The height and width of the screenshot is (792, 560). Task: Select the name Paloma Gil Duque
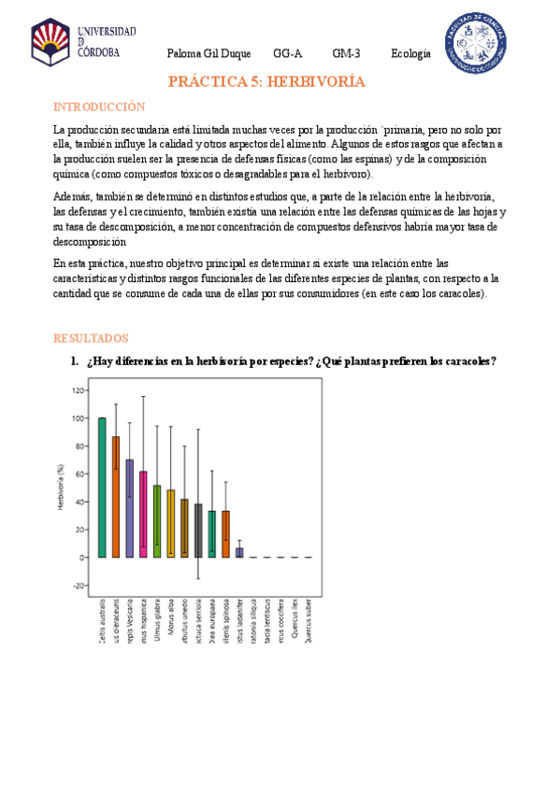208,54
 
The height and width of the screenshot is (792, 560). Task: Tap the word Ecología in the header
411,54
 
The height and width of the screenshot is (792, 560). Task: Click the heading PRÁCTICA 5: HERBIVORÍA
266,82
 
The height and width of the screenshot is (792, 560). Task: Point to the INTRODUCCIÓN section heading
99,107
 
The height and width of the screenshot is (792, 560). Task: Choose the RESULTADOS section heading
91,338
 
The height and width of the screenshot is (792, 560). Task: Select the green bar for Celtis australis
102,487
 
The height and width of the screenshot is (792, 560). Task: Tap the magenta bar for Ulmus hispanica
143,514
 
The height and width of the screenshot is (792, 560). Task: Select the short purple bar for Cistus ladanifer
239,552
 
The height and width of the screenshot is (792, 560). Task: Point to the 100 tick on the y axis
77,418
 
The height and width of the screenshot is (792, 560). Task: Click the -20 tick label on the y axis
76,586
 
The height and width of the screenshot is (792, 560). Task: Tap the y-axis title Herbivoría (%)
60,488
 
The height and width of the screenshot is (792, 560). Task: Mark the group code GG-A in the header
287,54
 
